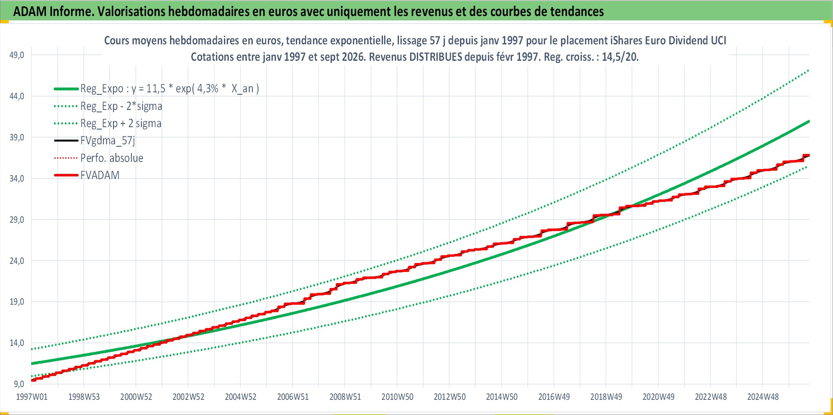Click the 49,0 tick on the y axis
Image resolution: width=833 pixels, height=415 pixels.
point(17,55)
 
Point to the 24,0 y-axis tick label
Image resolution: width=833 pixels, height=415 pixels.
point(17,261)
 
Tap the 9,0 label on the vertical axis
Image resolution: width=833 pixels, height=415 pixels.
point(19,384)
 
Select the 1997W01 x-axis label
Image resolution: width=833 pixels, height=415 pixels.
point(32,397)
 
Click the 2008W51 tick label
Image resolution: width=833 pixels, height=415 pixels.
point(345,397)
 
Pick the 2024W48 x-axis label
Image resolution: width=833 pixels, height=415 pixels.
point(763,397)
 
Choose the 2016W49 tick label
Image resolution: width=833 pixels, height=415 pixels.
point(554,397)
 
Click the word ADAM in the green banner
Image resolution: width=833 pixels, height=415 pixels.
point(30,11)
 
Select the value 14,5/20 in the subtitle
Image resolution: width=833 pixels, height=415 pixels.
point(620,57)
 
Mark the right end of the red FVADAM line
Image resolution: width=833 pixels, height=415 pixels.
point(809,155)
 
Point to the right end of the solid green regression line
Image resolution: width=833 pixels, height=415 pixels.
point(809,121)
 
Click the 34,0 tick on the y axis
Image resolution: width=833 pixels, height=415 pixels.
point(17,179)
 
